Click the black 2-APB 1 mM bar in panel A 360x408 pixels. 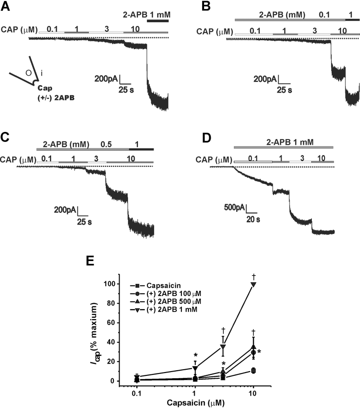tap(158, 20)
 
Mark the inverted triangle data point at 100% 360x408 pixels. tap(254, 284)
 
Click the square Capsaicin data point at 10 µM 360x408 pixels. tap(254, 371)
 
